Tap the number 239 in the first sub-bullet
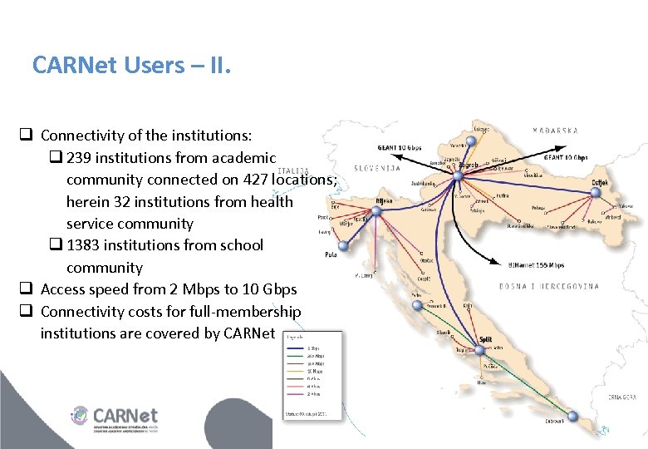(82, 158)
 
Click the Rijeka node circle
(376, 211)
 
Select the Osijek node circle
(594, 193)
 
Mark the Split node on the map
(479, 349)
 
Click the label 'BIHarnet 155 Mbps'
(536, 265)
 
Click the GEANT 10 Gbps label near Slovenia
(399, 148)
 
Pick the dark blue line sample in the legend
(297, 348)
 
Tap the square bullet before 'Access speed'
(27, 289)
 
